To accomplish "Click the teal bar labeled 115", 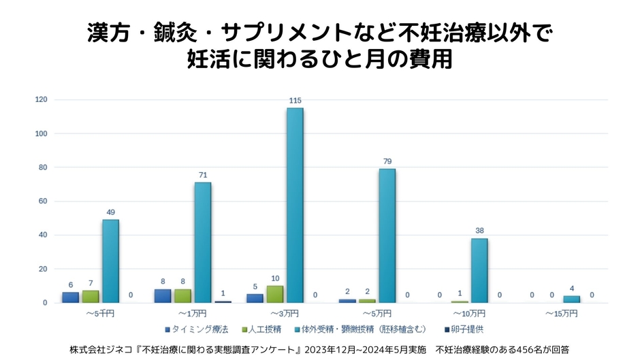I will point(295,205).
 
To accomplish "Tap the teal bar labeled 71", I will point(202,242).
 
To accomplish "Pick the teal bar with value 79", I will point(387,235).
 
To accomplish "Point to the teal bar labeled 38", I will point(479,270).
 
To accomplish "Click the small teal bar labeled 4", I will point(571,299).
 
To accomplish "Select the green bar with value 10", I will point(274,294).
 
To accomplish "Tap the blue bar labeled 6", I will point(70,297).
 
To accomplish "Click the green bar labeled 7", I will point(91,297).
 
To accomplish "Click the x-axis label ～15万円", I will point(561,314).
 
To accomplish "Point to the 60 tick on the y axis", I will point(43,201).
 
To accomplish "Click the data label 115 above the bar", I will point(295,101).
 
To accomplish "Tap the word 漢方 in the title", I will point(106,31).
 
